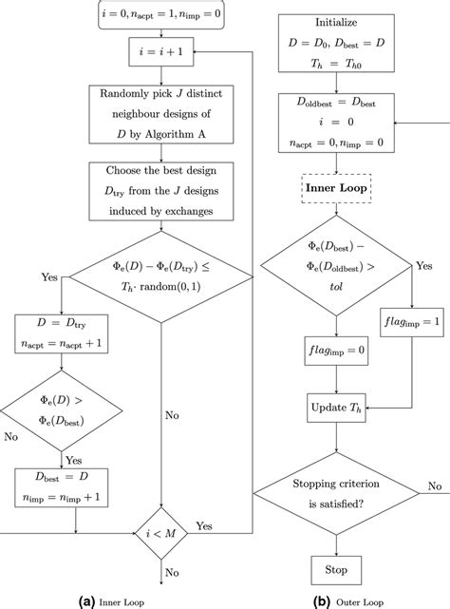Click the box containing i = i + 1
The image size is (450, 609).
point(159,55)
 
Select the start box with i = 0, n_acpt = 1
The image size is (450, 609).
point(159,13)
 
